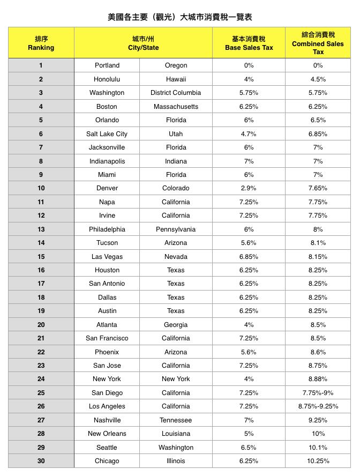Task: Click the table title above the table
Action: [x=180, y=17]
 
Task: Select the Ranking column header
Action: [x=41, y=43]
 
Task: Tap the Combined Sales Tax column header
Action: [x=318, y=43]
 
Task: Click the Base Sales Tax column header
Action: [x=249, y=43]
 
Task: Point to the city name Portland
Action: [x=107, y=65]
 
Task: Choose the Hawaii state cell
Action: [x=176, y=79]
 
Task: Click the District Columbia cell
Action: [x=176, y=93]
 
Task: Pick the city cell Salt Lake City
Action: [x=107, y=134]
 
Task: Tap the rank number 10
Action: [x=41, y=188]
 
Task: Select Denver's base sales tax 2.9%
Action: [x=249, y=188]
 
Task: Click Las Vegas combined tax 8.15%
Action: [x=318, y=257]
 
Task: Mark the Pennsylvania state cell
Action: [x=176, y=229]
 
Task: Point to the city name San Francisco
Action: [x=107, y=338]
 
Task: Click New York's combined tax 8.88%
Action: [x=318, y=379]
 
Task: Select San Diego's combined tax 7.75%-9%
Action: [x=318, y=393]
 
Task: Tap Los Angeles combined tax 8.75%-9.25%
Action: [x=318, y=406]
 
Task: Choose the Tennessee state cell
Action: [x=176, y=420]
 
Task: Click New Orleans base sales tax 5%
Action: [x=249, y=434]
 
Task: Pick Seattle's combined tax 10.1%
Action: [x=318, y=447]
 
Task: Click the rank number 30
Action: [x=41, y=461]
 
